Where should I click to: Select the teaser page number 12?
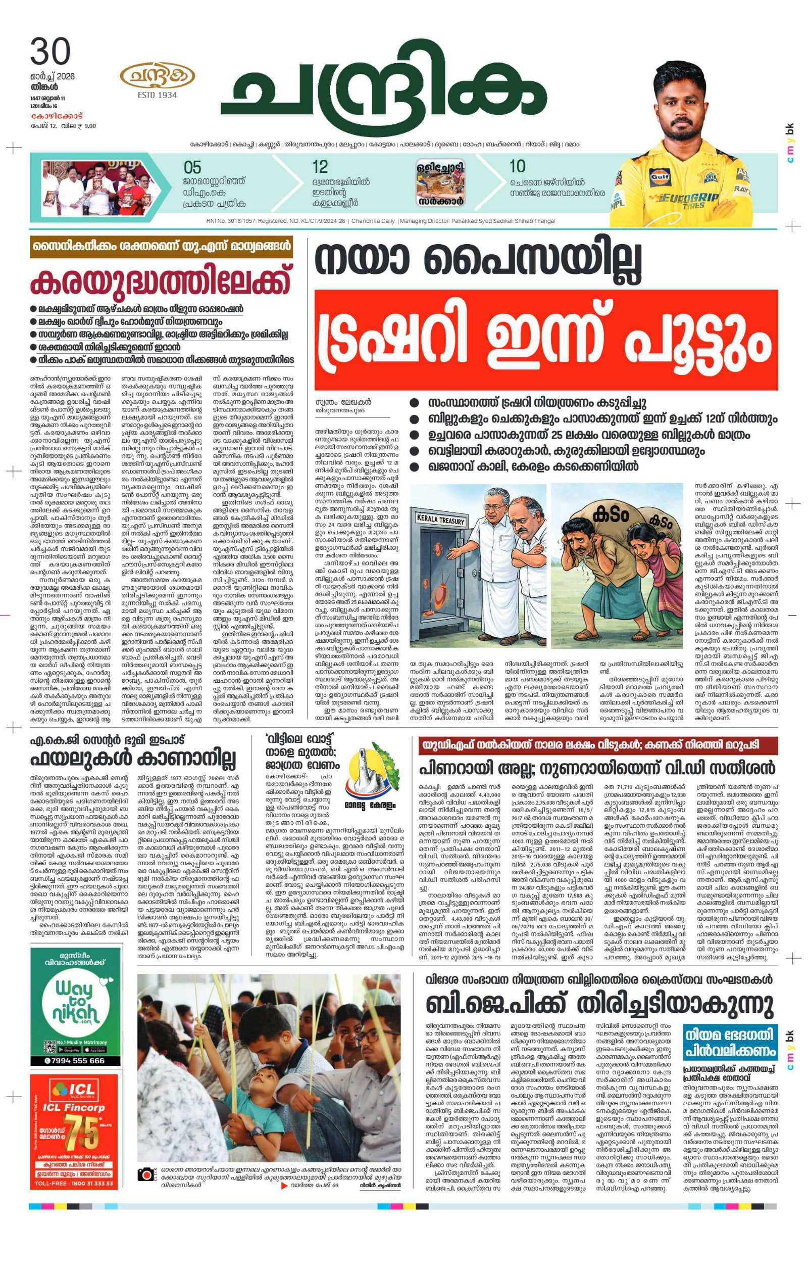320,167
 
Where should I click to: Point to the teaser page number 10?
517,167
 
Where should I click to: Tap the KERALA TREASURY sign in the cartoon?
441,519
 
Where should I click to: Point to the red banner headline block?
545,340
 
